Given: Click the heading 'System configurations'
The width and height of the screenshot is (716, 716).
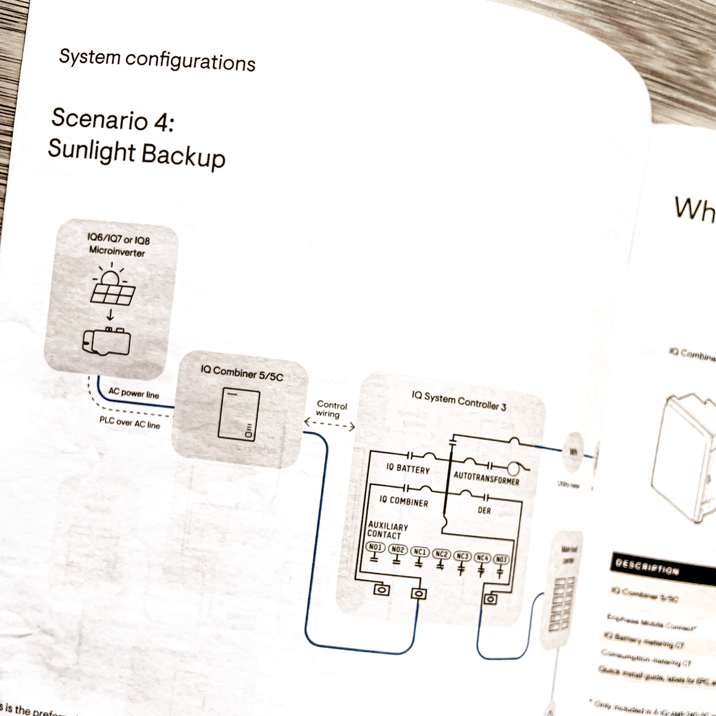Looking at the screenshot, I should coord(157,60).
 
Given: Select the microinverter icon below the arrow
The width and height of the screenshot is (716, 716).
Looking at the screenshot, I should coord(107,342).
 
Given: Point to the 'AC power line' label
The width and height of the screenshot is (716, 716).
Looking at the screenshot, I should coord(134,393).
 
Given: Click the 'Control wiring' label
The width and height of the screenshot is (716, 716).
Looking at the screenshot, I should coord(331,409).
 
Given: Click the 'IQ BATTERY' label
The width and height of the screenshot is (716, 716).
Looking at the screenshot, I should coord(408,468).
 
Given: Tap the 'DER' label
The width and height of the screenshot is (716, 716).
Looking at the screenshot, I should coord(484,511).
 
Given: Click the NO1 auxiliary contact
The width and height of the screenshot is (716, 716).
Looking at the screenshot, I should coord(375,548).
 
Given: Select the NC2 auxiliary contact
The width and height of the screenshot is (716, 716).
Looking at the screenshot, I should coord(441,554).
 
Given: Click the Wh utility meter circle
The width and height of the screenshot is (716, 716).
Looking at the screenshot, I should coord(573,452).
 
